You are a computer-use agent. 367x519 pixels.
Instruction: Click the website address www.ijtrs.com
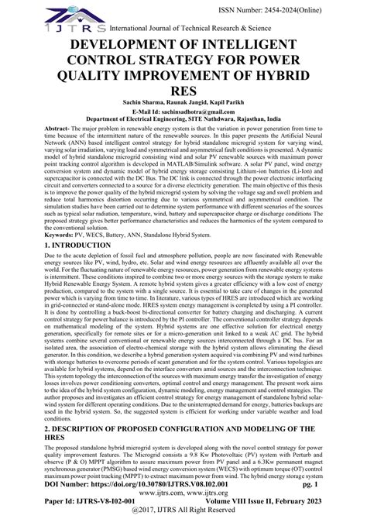tap(183, 492)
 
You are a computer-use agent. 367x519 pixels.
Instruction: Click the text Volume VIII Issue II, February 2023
tap(272, 502)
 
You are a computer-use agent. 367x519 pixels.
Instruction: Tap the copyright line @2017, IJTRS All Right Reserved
tap(183, 512)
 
